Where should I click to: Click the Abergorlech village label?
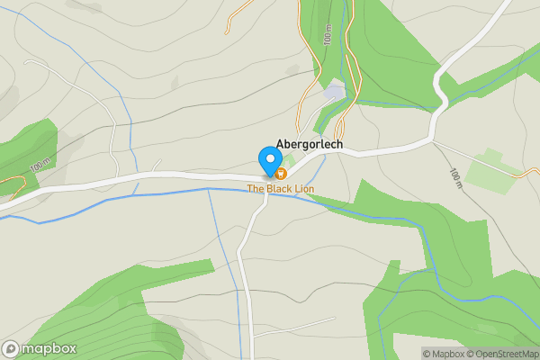(309, 144)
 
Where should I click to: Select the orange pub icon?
(281, 173)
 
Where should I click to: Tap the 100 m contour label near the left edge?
(40, 166)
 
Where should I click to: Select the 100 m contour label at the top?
(328, 36)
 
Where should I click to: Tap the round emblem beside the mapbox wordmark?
(11, 348)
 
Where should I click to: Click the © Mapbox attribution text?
(443, 354)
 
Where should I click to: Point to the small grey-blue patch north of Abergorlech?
(334, 92)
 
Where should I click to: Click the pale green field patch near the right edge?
(490, 170)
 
